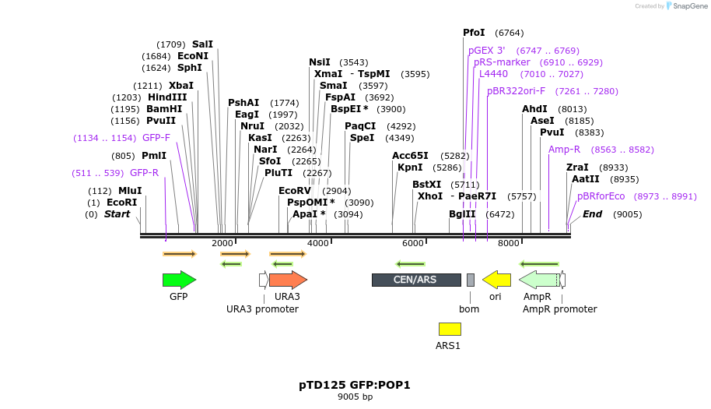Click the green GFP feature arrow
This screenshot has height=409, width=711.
(179, 280)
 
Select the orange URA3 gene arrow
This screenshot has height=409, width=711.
(288, 280)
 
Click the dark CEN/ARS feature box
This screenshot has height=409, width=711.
(416, 280)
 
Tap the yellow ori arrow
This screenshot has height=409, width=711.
(496, 280)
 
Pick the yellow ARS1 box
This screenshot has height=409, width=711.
(450, 329)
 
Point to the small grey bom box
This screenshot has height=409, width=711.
(471, 280)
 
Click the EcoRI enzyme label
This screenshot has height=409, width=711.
(121, 203)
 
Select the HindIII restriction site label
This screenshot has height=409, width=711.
(167, 97)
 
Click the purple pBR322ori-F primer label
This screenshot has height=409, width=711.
(517, 91)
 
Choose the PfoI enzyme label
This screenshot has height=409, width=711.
(474, 33)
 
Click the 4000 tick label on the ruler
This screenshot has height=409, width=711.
(318, 244)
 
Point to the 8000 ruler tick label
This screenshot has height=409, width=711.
(509, 244)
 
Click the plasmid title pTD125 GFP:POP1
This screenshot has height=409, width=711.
(355, 385)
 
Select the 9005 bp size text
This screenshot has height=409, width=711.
(355, 397)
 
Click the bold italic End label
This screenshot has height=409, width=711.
(592, 214)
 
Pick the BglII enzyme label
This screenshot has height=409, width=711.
(462, 214)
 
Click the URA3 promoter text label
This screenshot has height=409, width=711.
(262, 309)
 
